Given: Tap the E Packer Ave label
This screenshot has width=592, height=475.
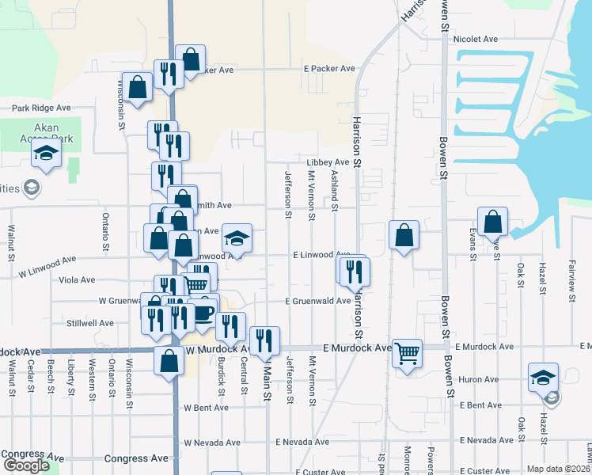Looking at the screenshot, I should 329,69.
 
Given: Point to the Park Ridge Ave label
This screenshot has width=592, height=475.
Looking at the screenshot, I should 41,108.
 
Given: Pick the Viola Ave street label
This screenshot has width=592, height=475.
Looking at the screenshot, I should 77,279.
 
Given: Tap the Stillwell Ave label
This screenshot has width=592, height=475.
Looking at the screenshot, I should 90,323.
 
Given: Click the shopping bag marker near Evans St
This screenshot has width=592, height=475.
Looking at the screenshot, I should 492,221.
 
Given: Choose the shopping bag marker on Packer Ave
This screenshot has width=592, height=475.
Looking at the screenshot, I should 190,58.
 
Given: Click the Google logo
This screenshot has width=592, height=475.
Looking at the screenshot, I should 25,465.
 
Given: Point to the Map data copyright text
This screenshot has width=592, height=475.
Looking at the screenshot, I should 559,469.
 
